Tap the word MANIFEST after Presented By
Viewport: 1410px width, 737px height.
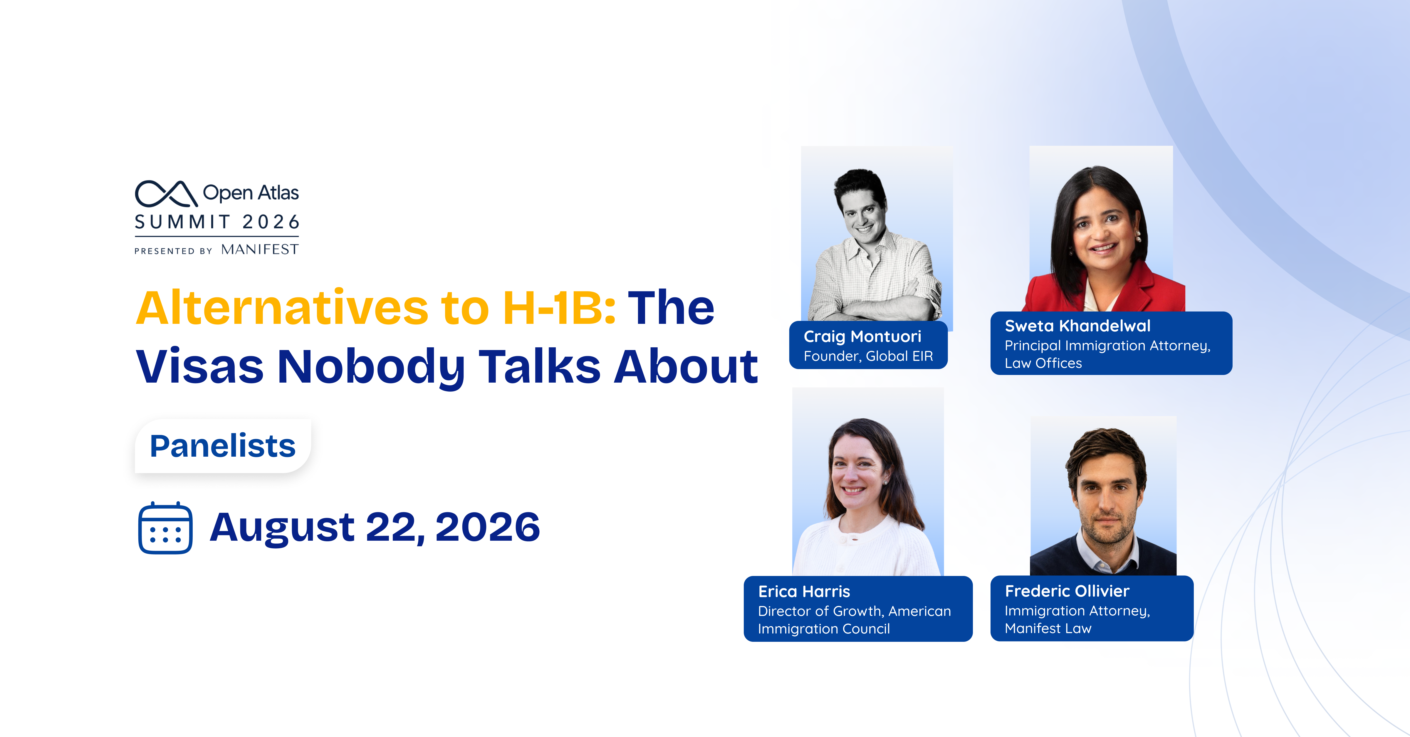(x=260, y=250)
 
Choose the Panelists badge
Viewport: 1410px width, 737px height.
(x=223, y=446)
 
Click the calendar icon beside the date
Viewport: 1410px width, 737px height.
(x=165, y=528)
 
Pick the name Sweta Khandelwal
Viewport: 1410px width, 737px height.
(x=1077, y=326)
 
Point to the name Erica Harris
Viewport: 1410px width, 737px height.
(x=804, y=591)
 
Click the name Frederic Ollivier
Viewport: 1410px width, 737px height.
(x=1067, y=591)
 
